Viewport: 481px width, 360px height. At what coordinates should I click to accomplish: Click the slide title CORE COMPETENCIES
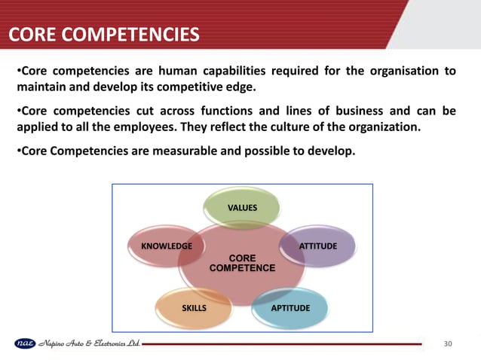coord(104,35)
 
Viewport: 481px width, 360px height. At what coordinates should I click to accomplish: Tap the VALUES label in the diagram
coord(243,206)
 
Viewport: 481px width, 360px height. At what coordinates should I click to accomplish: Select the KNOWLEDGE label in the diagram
coord(161,246)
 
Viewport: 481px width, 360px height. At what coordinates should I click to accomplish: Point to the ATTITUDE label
coord(318,246)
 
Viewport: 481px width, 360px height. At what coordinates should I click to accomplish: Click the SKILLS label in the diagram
coord(194,308)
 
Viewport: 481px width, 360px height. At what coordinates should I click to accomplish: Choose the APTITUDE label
coord(290,308)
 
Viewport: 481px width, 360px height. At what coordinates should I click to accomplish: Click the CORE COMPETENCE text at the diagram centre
coord(242,263)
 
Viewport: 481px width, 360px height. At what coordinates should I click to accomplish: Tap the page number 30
coord(449,344)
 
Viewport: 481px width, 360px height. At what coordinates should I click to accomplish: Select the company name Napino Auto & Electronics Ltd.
coord(88,344)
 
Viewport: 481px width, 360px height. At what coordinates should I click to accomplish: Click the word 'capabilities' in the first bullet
coord(219,72)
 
